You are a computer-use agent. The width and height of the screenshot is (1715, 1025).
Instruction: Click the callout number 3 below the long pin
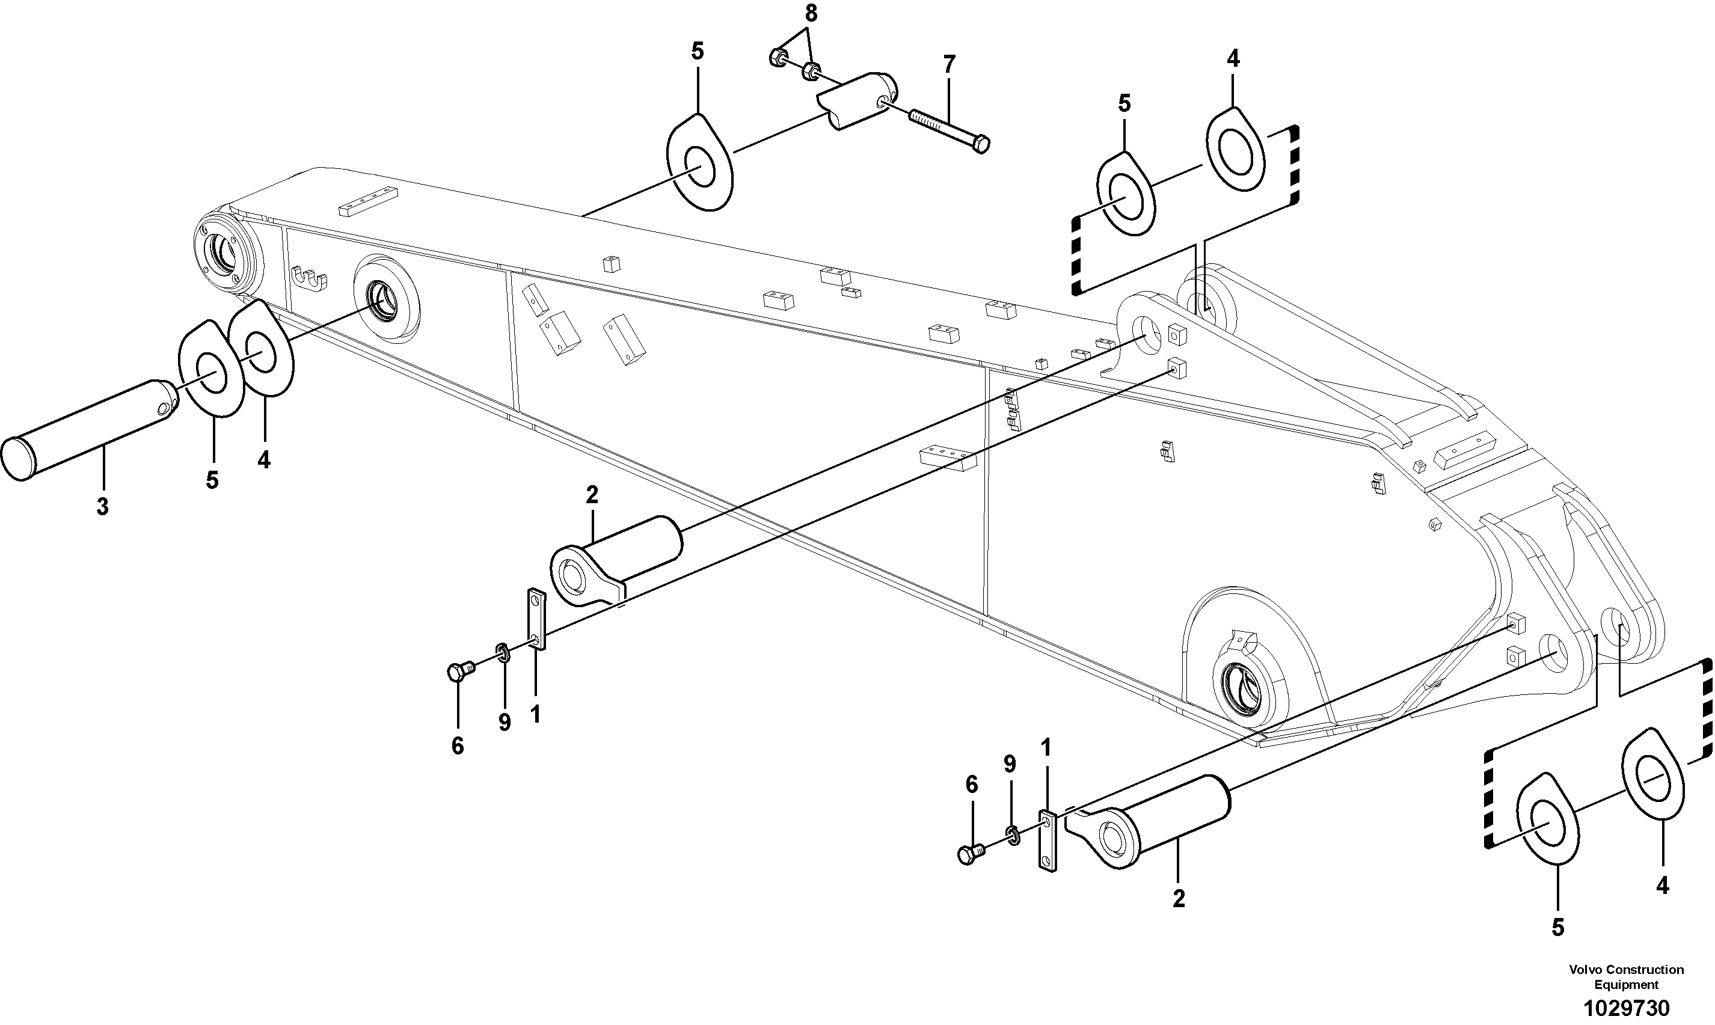click(x=102, y=507)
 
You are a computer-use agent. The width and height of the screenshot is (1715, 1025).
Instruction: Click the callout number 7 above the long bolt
click(x=949, y=65)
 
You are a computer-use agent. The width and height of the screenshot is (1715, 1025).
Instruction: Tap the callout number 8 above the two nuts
click(x=811, y=13)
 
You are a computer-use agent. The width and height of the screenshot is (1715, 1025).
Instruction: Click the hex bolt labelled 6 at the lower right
click(x=968, y=854)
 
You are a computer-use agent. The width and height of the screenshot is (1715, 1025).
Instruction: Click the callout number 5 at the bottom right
click(x=1557, y=928)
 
